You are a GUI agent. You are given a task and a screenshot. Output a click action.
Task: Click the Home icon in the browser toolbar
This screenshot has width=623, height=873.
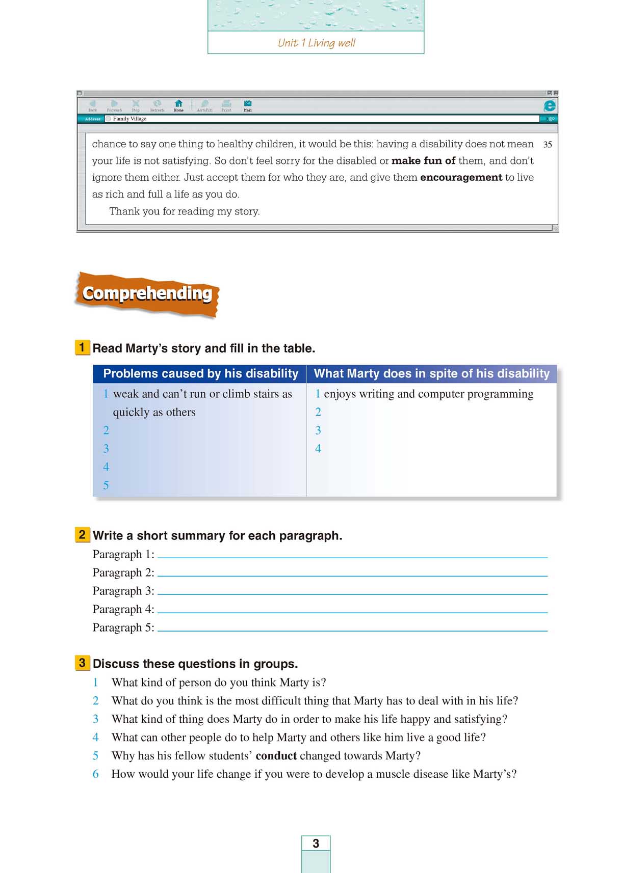(x=178, y=104)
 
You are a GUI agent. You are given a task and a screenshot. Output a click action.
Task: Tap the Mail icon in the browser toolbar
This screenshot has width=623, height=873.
(x=248, y=104)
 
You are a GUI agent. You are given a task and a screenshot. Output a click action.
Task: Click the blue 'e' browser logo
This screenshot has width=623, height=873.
(x=550, y=105)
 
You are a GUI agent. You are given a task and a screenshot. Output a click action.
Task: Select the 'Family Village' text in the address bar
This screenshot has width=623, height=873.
(x=129, y=119)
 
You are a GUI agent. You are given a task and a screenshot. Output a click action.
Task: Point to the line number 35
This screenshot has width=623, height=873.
(x=548, y=145)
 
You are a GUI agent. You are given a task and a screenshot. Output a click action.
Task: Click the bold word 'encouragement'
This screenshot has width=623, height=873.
(x=461, y=177)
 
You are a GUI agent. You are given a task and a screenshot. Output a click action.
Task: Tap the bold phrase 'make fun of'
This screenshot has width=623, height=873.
(x=423, y=160)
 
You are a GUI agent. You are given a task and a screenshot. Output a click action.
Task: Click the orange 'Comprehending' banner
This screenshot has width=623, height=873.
(x=147, y=294)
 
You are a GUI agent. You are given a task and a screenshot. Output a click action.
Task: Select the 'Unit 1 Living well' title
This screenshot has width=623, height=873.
(x=316, y=43)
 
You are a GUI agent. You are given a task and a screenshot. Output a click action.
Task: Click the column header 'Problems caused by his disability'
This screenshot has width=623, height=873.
(x=200, y=373)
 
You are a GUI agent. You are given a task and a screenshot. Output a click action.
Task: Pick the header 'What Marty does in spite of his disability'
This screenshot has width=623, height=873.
(x=431, y=373)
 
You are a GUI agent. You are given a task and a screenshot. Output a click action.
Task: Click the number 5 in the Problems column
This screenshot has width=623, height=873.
(x=106, y=485)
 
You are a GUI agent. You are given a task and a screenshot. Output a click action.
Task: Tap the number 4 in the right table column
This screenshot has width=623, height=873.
(x=318, y=449)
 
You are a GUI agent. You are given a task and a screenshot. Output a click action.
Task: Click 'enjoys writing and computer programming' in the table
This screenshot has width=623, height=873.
(x=428, y=394)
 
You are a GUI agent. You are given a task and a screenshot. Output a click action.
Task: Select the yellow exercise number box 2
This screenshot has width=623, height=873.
(x=82, y=535)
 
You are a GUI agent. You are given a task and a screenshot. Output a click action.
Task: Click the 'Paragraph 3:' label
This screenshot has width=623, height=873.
(x=123, y=591)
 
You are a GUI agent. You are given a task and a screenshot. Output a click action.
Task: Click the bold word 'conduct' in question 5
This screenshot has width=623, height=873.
(x=276, y=755)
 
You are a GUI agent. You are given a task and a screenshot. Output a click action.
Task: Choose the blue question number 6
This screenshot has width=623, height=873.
(x=95, y=774)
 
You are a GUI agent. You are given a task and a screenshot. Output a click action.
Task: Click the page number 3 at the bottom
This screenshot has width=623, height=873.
(x=316, y=843)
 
